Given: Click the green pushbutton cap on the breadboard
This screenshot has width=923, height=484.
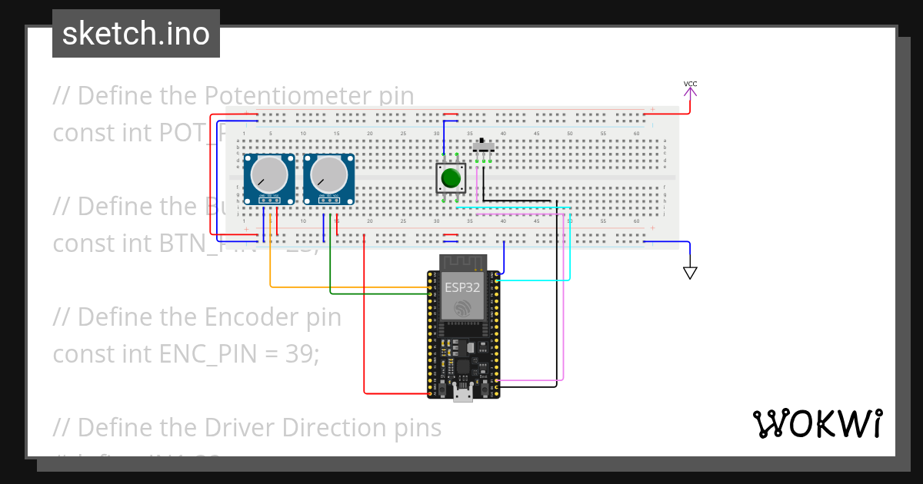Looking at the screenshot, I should [451, 179].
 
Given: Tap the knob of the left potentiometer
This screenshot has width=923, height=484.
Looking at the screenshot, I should [269, 175].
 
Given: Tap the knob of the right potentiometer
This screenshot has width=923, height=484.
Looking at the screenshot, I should [329, 175].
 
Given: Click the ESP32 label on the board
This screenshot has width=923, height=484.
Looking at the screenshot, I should [461, 287].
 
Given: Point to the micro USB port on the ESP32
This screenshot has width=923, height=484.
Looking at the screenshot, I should [462, 395].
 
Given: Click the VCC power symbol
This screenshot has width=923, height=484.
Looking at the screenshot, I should [691, 91].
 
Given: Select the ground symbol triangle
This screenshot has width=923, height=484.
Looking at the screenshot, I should [690, 272].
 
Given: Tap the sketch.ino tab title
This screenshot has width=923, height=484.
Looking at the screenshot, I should [136, 34].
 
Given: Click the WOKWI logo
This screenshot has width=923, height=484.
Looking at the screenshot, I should [817, 423].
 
